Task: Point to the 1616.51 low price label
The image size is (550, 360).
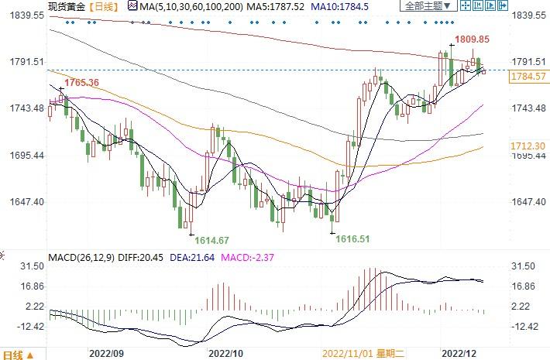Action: click(x=353, y=240)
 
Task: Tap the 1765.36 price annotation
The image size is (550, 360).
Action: click(x=82, y=83)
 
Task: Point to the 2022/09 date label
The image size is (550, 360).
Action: click(x=107, y=351)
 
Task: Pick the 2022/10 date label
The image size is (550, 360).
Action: click(x=226, y=351)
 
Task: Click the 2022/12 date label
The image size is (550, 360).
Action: click(x=460, y=351)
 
